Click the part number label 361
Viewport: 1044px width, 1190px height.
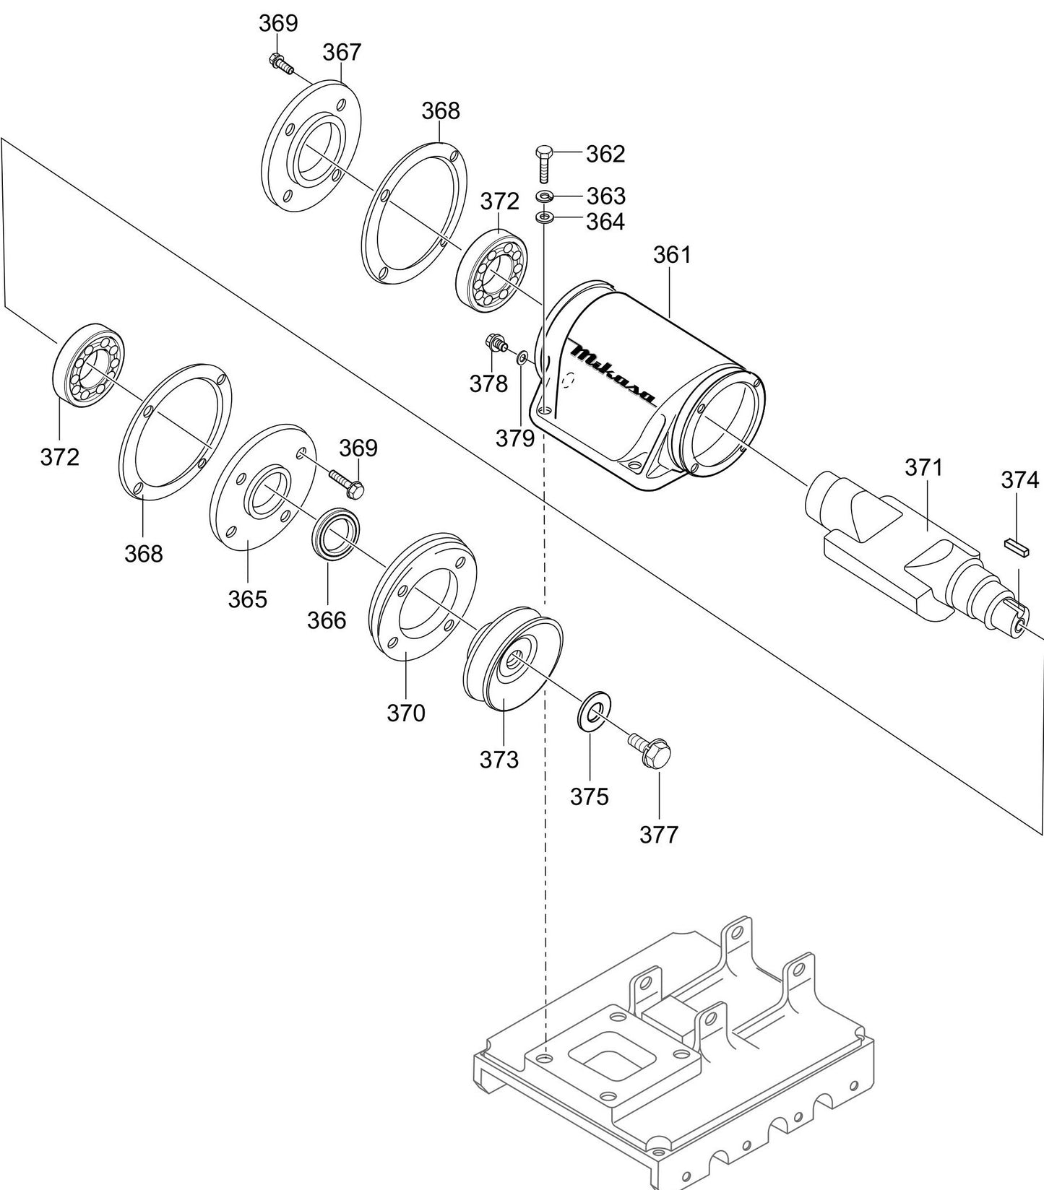pyautogui.click(x=672, y=255)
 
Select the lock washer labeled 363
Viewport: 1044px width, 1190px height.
pyautogui.click(x=545, y=196)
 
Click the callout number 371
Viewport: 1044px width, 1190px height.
pyautogui.click(x=924, y=468)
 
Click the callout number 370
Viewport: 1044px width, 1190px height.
pyautogui.click(x=406, y=713)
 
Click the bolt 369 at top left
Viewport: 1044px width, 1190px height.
pyautogui.click(x=280, y=63)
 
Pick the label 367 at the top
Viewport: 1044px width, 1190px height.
pyautogui.click(x=342, y=52)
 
